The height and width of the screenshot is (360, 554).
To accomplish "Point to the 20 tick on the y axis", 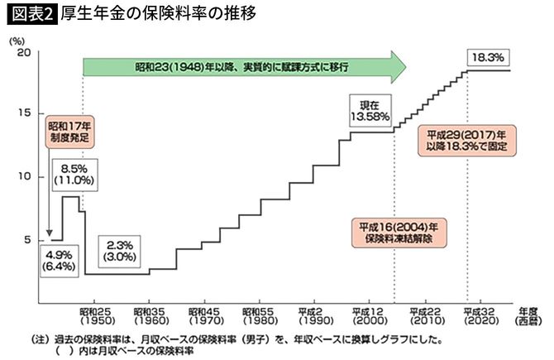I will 23,52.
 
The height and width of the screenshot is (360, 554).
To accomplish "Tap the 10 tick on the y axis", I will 23,176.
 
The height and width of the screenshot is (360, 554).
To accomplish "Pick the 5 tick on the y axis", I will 25,240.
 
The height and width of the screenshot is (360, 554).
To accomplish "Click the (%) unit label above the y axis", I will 17,38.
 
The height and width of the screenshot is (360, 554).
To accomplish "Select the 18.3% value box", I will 488,58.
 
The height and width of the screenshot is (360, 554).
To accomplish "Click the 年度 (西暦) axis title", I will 528,313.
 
